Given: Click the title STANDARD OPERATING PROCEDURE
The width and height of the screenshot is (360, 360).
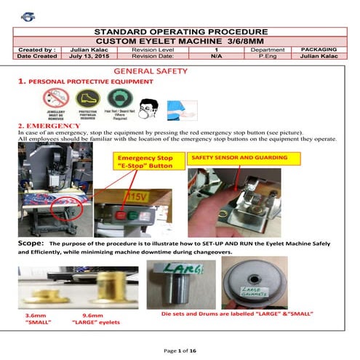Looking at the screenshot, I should point(180,32).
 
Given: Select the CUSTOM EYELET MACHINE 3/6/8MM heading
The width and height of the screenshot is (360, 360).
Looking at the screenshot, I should point(180,41).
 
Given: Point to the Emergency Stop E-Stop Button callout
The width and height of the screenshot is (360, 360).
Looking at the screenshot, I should point(148,161).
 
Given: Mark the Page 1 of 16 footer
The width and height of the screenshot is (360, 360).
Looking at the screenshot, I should point(179,351).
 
